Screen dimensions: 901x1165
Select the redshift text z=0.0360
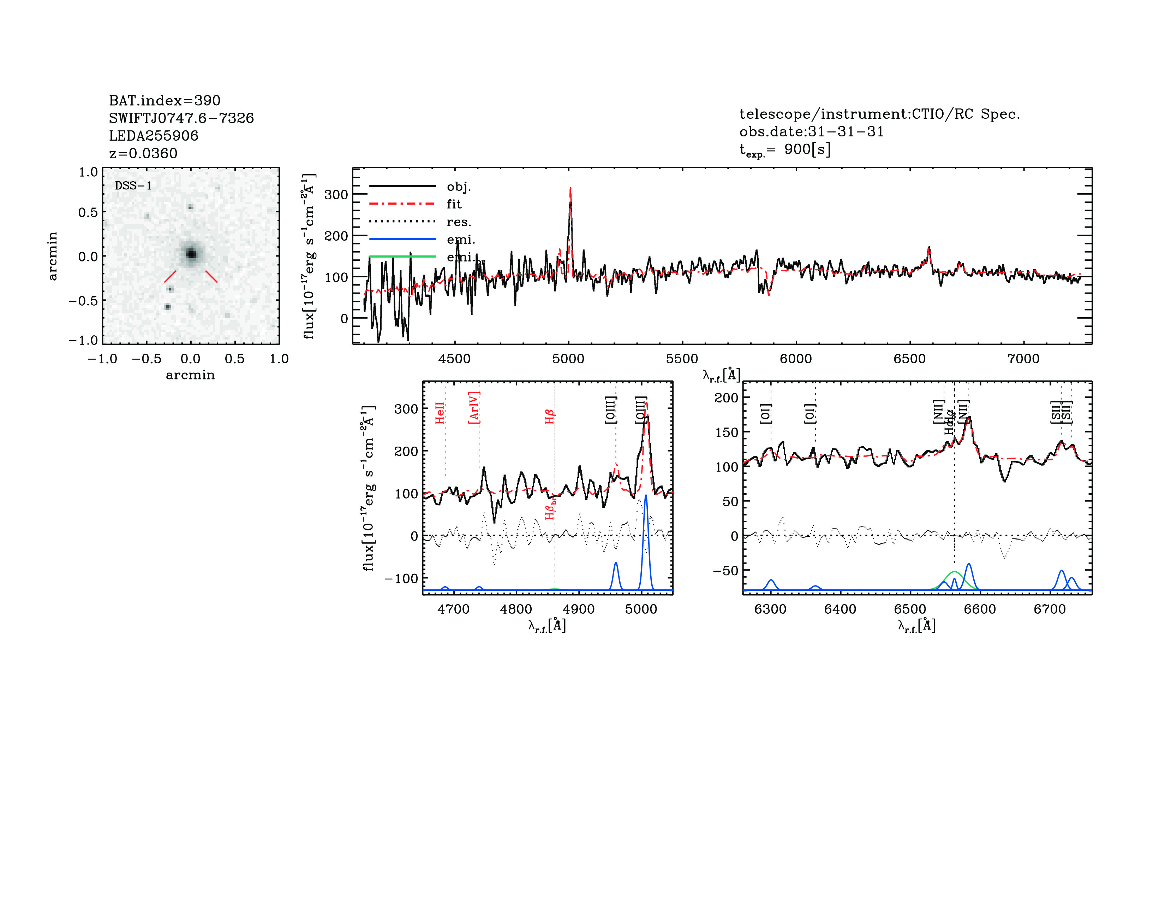pos(143,153)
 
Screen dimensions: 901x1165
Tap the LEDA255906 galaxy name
pos(154,136)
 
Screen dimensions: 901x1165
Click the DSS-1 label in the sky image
pos(133,186)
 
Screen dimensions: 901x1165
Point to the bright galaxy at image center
pos(191,254)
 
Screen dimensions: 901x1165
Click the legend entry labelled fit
pos(454,204)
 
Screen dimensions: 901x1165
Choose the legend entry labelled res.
pos(459,222)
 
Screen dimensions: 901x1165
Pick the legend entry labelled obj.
pos(459,186)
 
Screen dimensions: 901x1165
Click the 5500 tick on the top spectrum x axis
pos(682,359)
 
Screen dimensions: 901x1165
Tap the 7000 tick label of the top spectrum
pos(1023,359)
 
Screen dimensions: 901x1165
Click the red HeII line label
pos(440,413)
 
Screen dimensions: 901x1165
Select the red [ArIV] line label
pos(474,408)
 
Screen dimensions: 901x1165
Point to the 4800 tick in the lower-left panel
pos(516,609)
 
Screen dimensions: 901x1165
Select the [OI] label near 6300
pos(765,414)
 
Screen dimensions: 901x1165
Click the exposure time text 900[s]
pos(807,149)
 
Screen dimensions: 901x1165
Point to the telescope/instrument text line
pos(879,114)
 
